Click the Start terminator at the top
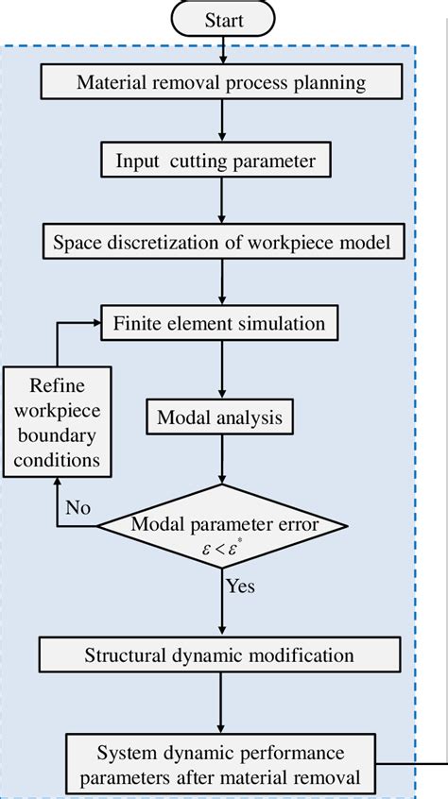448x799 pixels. pos(223,18)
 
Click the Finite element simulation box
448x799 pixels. pos(219,323)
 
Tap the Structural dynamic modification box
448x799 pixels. pos(219,654)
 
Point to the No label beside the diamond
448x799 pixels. pos(79,506)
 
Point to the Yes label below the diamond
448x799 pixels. pos(240,586)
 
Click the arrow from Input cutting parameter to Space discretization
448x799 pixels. pos(220,200)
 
